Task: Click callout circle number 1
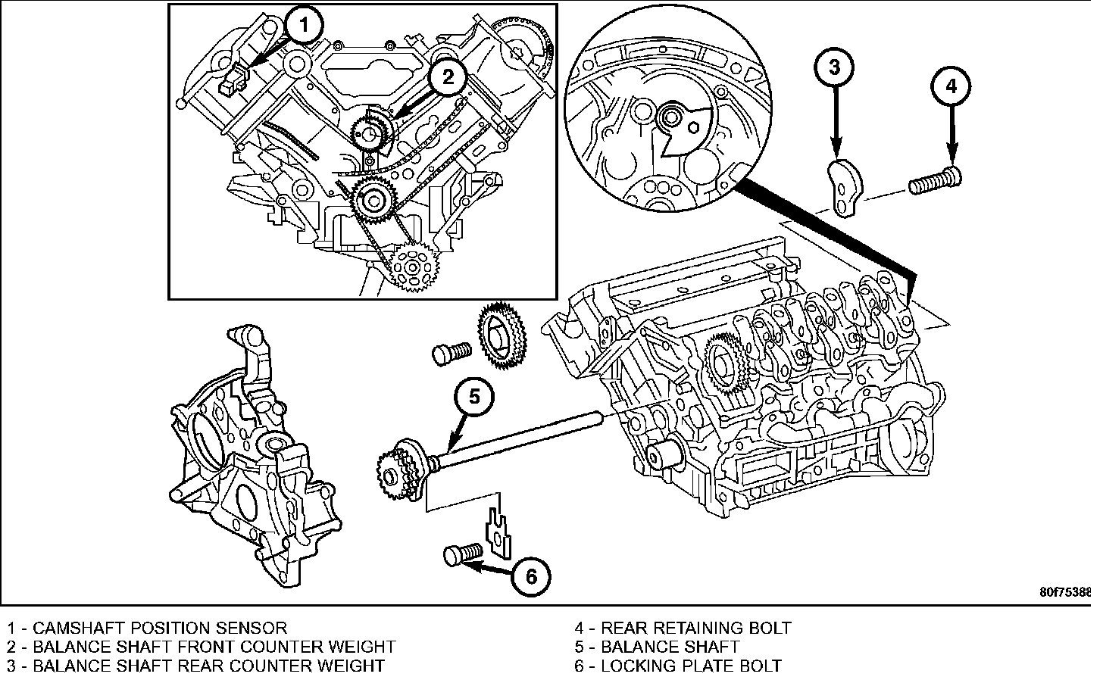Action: pyautogui.click(x=304, y=27)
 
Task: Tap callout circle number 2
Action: pyautogui.click(x=448, y=76)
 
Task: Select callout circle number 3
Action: pyautogui.click(x=834, y=67)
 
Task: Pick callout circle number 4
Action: pyautogui.click(x=951, y=86)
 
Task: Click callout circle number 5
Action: pyautogui.click(x=473, y=396)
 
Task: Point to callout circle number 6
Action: pyautogui.click(x=531, y=578)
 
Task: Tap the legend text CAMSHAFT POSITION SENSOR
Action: pyautogui.click(x=160, y=628)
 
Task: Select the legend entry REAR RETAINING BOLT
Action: pyautogui.click(x=695, y=628)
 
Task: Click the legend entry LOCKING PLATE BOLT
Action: pyautogui.click(x=691, y=666)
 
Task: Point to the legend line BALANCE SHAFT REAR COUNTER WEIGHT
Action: pyautogui.click(x=208, y=666)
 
